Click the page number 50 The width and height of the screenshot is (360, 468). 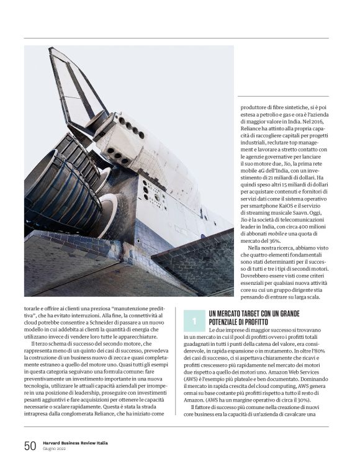pyautogui.click(x=30, y=446)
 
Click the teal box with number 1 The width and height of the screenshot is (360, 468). pyautogui.click(x=194, y=320)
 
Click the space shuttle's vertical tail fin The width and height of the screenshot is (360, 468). pyautogui.click(x=70, y=87)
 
